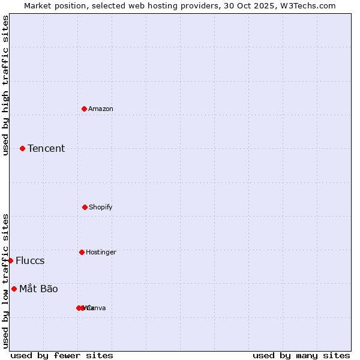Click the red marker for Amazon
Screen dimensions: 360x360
85,109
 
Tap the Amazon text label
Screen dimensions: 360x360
101,109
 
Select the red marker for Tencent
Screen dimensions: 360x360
23,148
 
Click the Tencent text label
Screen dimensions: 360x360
46,148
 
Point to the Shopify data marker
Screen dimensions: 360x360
85,207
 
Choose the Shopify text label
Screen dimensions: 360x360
101,207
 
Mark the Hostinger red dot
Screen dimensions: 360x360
82,252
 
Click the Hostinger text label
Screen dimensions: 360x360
101,252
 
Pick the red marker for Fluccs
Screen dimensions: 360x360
11,260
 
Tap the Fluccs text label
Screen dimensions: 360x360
30,260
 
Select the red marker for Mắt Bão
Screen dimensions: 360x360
14,289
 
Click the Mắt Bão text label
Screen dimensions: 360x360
38,289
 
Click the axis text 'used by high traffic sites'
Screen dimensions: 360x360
5,85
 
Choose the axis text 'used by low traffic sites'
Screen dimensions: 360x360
5,281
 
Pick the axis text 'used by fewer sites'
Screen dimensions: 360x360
62,355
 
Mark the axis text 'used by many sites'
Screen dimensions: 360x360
301,355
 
